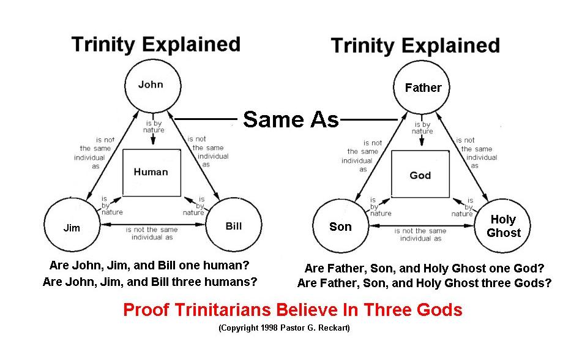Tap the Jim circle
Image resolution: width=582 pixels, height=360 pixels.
coord(72,228)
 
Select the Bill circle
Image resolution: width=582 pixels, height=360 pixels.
coord(233,226)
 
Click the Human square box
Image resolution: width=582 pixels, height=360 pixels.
coord(151,172)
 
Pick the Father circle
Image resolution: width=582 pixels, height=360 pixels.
coord(422,88)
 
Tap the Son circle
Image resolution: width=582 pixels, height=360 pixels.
coord(341,227)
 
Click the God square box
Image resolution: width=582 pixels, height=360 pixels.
coord(420,176)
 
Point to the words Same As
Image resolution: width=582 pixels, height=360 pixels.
coord(291,119)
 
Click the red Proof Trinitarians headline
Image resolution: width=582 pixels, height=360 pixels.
coord(293,310)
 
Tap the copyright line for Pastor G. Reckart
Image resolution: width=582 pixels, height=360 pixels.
coord(284,328)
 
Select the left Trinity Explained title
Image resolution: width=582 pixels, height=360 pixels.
coord(155,44)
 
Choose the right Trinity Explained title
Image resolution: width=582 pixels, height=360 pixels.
coord(415,46)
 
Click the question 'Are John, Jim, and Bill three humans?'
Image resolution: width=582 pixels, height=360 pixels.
coord(150,282)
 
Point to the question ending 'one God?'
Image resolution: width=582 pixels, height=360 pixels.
coord(424,268)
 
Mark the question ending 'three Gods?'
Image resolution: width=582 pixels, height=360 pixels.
coord(424,283)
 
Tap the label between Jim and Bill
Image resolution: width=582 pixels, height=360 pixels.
coord(152,233)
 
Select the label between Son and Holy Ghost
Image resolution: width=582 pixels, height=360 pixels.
coord(420,234)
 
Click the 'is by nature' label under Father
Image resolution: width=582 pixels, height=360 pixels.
coord(422,127)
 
